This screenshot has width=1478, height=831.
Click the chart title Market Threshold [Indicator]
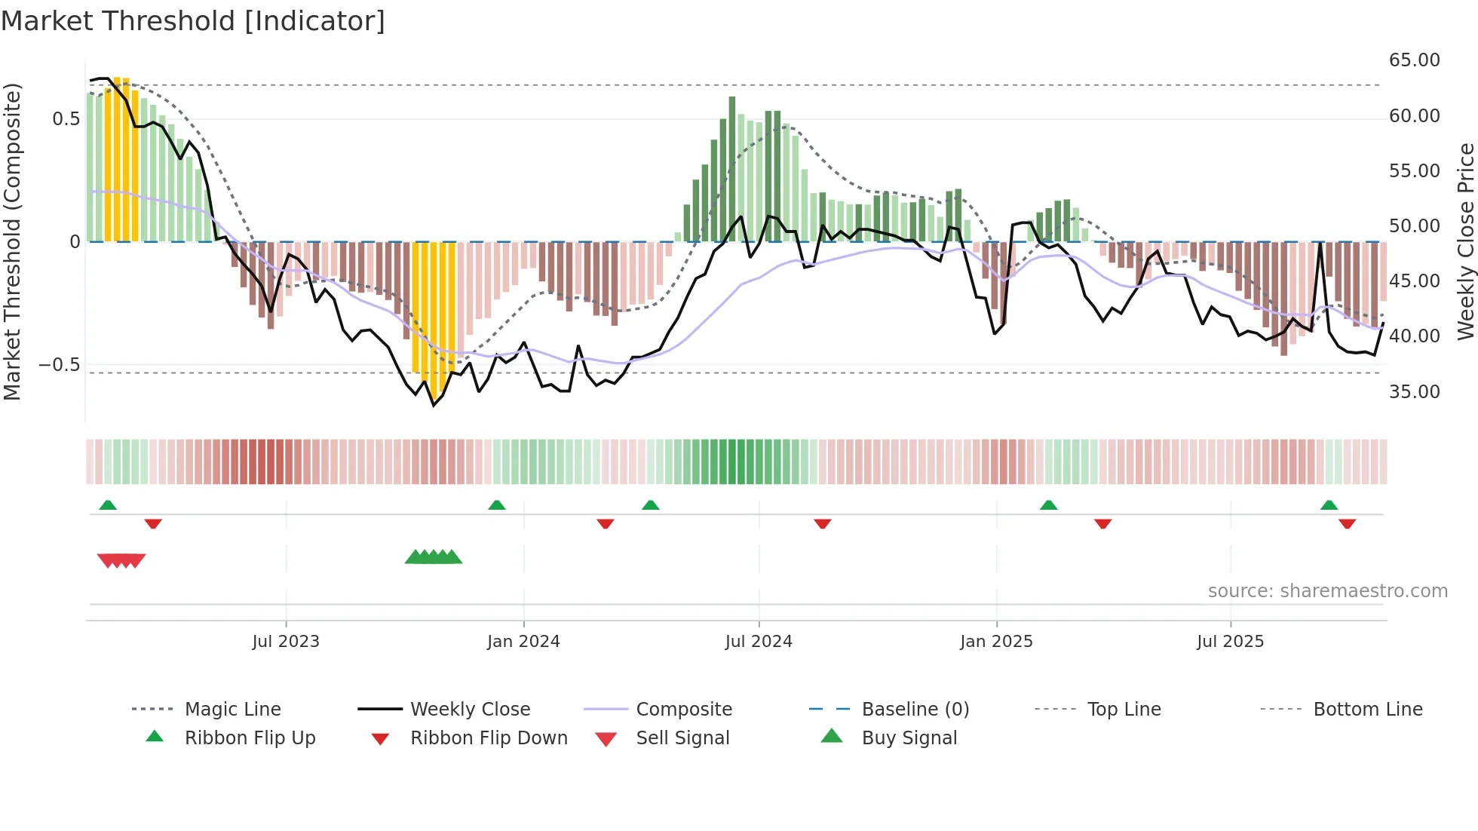(x=193, y=21)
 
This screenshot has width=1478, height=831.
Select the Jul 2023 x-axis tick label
(x=286, y=642)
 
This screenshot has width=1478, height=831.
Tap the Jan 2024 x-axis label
(x=523, y=642)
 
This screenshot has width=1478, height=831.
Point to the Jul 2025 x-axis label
(x=1230, y=642)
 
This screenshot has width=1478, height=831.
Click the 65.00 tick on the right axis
(x=1414, y=60)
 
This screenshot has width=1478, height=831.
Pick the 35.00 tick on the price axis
(x=1414, y=392)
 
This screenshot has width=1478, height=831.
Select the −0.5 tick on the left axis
(x=59, y=365)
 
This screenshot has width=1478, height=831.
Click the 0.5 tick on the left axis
(x=66, y=119)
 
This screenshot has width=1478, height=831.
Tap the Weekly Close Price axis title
(x=1464, y=241)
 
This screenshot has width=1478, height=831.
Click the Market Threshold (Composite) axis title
(x=12, y=241)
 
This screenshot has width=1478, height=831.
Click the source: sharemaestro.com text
(x=1327, y=591)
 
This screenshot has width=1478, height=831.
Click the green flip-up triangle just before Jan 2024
(x=496, y=505)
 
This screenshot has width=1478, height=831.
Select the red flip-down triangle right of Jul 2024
(x=822, y=523)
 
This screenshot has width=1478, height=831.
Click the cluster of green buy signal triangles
(x=434, y=557)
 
